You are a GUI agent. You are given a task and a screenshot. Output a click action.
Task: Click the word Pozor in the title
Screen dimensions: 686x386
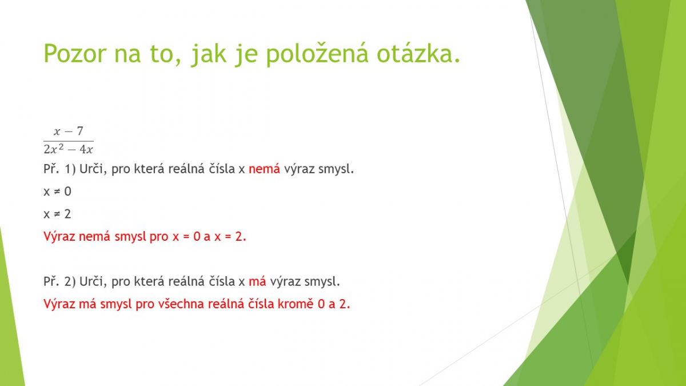coord(75,53)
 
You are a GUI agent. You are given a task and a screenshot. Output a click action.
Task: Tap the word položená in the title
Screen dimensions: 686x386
coord(317,54)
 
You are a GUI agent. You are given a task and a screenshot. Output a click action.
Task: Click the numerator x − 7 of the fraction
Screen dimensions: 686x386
coord(69,131)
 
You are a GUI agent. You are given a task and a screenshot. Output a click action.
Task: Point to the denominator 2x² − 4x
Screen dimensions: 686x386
coord(68,149)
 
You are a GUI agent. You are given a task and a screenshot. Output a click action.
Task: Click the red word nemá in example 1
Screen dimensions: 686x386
coord(264,169)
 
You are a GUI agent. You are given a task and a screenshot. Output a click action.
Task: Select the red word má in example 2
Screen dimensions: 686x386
coord(257,281)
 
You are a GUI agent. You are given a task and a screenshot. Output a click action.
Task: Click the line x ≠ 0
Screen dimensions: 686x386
coord(57,192)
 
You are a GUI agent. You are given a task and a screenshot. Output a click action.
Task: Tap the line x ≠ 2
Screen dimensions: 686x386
coord(57,214)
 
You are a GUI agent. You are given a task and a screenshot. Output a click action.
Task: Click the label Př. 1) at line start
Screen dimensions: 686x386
coord(59,169)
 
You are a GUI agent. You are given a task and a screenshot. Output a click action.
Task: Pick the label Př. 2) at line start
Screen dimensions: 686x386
coord(59,281)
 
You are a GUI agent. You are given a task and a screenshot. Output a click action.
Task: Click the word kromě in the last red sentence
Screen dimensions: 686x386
coord(296,304)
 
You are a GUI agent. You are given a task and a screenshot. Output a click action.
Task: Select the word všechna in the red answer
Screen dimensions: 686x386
coord(181,304)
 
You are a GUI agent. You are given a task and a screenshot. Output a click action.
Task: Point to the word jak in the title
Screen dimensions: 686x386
coord(209,54)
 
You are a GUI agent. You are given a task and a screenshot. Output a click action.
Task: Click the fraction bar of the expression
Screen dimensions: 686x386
coord(68,141)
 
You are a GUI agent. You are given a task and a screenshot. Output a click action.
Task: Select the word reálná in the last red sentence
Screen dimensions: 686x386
coord(226,304)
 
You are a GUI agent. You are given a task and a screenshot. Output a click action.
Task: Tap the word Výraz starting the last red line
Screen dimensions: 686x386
coord(59,304)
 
